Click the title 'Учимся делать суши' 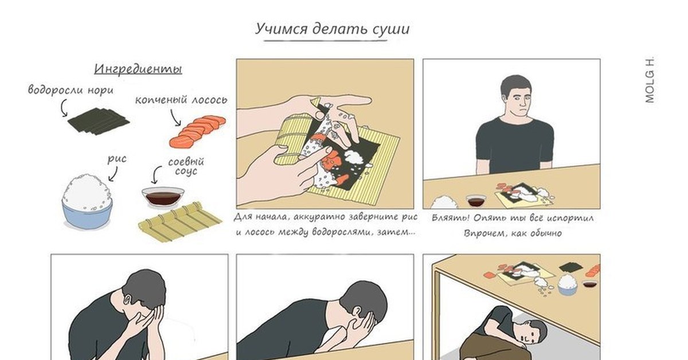click(x=333, y=29)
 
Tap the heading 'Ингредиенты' click(x=138, y=69)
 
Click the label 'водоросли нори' click(x=71, y=90)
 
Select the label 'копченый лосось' click(x=181, y=100)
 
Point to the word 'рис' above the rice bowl click(x=117, y=159)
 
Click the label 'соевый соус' click(x=186, y=166)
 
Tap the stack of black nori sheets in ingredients click(x=98, y=121)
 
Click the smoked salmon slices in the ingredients click(x=197, y=131)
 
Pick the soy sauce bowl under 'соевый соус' click(x=163, y=197)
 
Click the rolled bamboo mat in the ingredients click(x=180, y=221)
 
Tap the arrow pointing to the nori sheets click(x=63, y=108)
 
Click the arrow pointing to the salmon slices click(x=175, y=118)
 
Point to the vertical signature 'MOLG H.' click(x=650, y=80)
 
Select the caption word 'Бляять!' click(x=451, y=218)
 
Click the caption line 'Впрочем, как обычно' click(x=513, y=233)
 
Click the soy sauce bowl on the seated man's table click(x=476, y=201)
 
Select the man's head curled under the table click(x=533, y=332)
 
